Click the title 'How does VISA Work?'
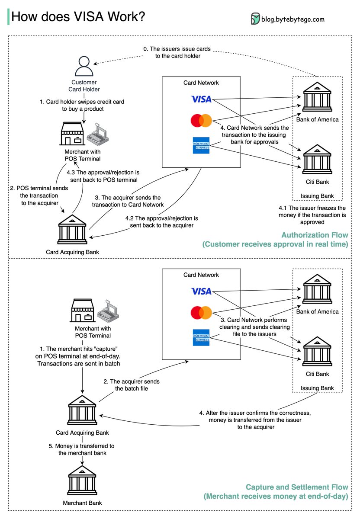[78, 17]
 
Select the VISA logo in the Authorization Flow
[201, 99]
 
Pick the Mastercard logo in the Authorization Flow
[201, 121]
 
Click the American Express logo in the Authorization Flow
[201, 145]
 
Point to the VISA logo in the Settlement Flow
[201, 292]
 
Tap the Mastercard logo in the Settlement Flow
[201, 313]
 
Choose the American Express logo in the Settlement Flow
[201, 337]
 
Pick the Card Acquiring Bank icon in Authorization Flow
[73, 230]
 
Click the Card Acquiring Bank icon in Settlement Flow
[82, 410]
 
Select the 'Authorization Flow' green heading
[315, 235]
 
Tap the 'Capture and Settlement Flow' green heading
[297, 487]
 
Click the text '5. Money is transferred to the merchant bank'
[82, 449]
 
